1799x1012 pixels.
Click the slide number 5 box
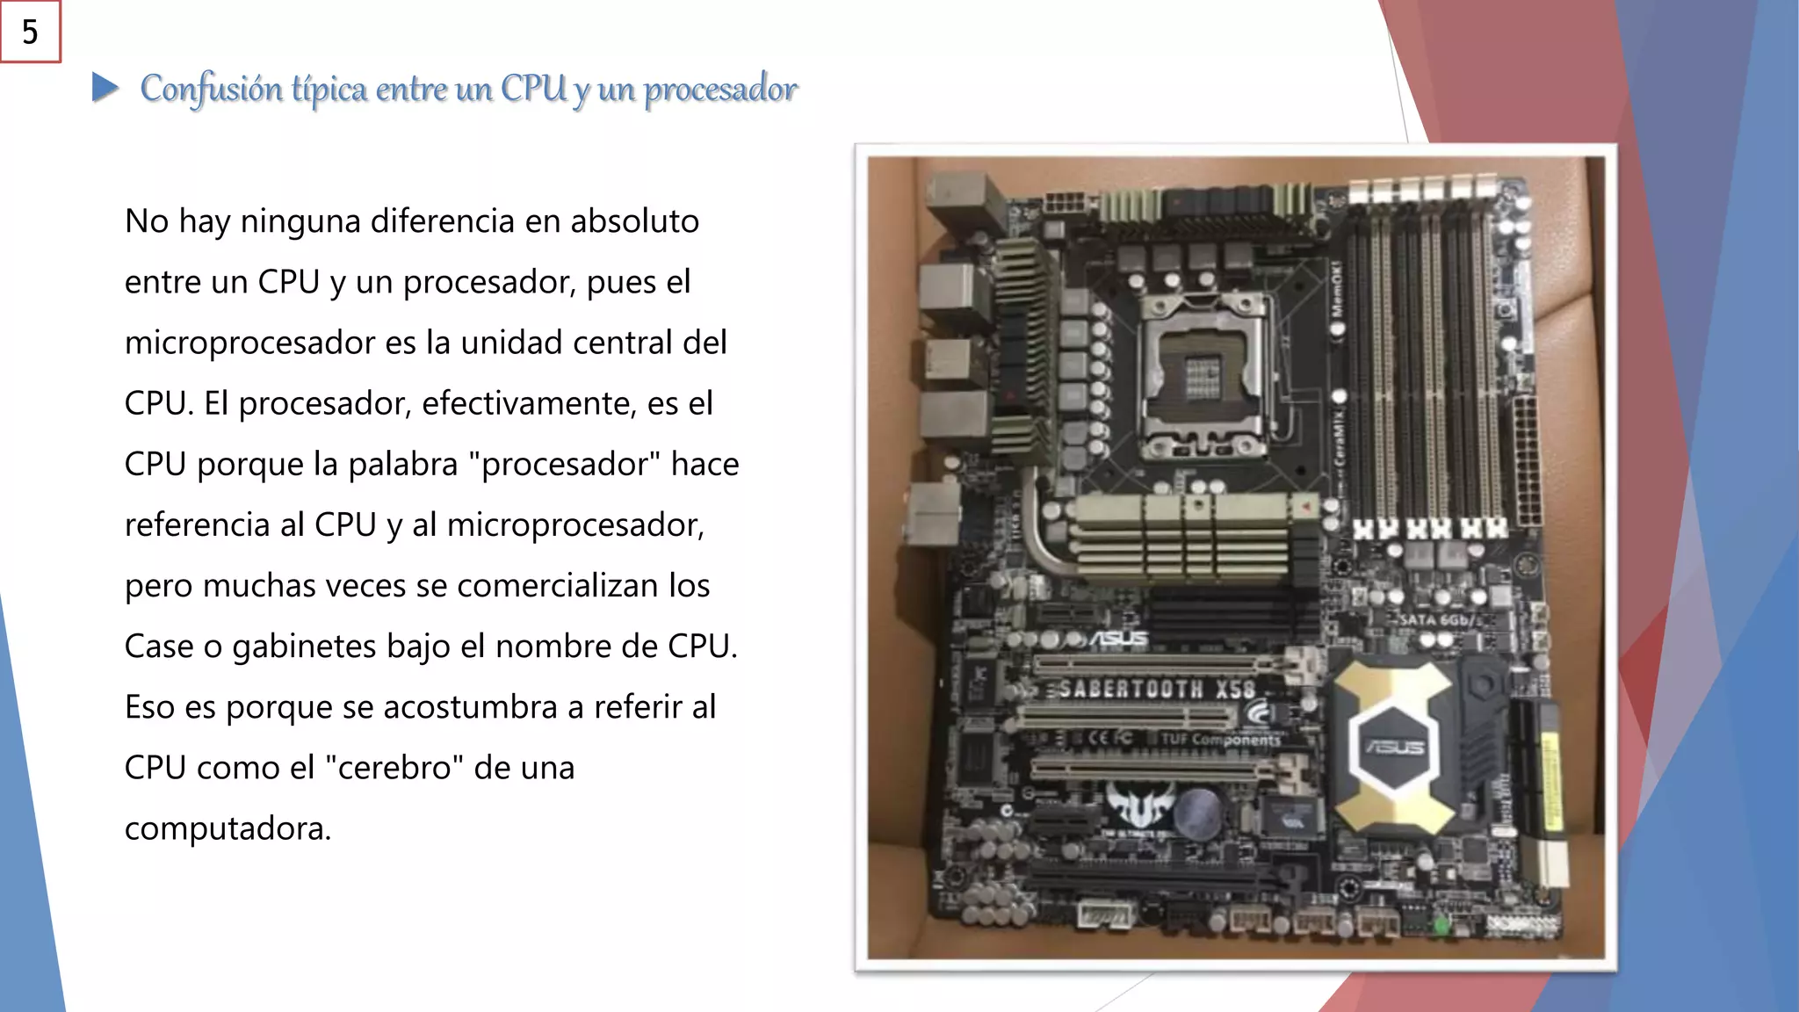30,32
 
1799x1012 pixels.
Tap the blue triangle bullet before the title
105,87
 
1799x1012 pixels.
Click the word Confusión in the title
212,89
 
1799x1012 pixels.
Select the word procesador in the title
720,89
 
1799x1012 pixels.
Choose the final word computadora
228,828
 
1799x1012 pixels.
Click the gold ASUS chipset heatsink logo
1394,746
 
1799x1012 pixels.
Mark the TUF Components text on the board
1221,740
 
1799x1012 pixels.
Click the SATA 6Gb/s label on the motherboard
1437,619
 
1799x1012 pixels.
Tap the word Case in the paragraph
159,647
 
